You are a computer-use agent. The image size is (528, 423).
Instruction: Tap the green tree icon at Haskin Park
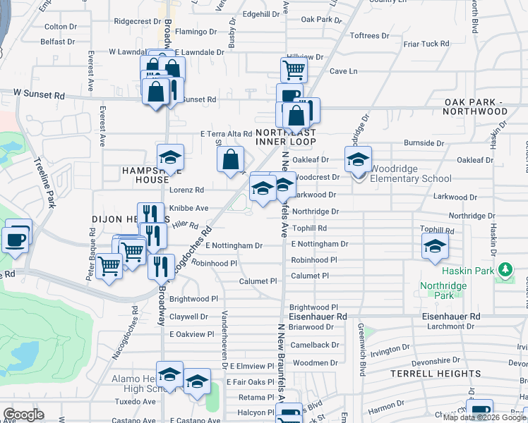pyautogui.click(x=505, y=269)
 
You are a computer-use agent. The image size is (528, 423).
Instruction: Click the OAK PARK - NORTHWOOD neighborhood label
pyautogui.click(x=476, y=106)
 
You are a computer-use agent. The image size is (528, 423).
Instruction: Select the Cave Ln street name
pyautogui.click(x=344, y=71)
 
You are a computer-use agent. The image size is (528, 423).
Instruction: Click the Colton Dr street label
pyautogui.click(x=60, y=26)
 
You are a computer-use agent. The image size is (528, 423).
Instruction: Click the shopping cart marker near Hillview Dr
pyautogui.click(x=294, y=70)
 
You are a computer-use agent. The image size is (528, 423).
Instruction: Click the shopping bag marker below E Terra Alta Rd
pyautogui.click(x=230, y=160)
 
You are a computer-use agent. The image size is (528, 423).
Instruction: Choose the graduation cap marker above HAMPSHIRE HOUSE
pyautogui.click(x=170, y=158)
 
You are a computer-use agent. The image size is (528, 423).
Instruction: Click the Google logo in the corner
pyautogui.click(x=23, y=415)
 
